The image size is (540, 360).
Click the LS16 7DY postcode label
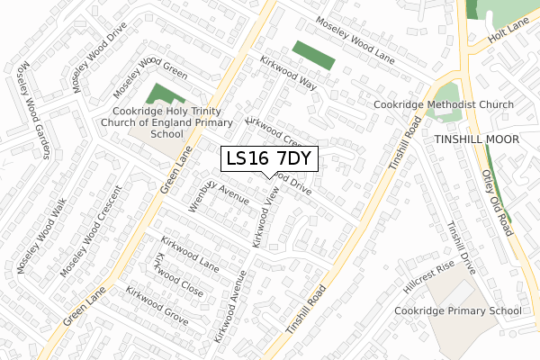269,158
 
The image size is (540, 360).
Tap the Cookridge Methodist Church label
445,105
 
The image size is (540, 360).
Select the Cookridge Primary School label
457,311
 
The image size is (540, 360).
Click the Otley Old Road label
497,202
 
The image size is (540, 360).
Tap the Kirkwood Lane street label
190,254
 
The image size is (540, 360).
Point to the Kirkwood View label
266,221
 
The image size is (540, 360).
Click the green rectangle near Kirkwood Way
313,55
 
